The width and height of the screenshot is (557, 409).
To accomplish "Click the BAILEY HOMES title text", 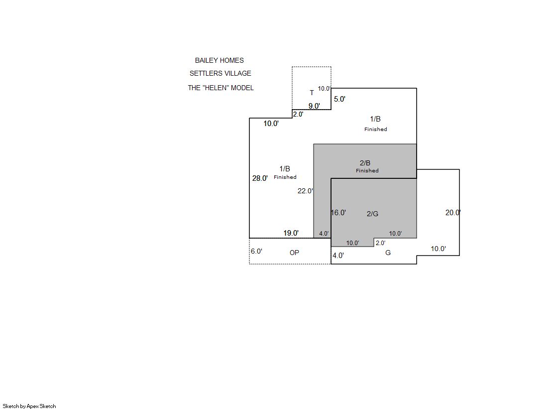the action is pos(219,60).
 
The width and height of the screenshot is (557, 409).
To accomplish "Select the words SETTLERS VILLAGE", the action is pos(220,73).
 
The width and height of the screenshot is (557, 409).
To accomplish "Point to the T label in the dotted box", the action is pos(312,93).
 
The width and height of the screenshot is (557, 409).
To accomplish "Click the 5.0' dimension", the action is pos(339,99).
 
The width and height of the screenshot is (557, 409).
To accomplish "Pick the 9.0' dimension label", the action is pos(314,106).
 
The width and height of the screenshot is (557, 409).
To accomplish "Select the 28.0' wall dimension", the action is pos(260,178).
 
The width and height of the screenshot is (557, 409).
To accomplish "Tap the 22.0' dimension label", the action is pos(305,191).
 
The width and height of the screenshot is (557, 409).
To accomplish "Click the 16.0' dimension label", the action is pos(338,213).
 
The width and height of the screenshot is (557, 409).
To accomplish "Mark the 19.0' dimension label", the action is pos(291,233).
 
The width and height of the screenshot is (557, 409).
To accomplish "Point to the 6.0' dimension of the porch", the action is pos(256,251).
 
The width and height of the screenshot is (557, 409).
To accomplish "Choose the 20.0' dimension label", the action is pos(453,213).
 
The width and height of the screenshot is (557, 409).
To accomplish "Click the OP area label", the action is pos(295,253).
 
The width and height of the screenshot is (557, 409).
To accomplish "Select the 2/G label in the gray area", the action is pos(373,214).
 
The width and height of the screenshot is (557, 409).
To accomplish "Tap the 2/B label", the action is pos(365,163).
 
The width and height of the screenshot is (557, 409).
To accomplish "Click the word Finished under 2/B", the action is pos(367,171).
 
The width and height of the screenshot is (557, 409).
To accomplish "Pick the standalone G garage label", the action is pos(388,253).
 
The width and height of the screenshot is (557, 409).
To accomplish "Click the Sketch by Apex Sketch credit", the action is pos(29,406).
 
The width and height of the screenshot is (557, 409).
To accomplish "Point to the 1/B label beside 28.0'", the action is pos(285,169).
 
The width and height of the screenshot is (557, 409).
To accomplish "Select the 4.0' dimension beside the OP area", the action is pos(338,256).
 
